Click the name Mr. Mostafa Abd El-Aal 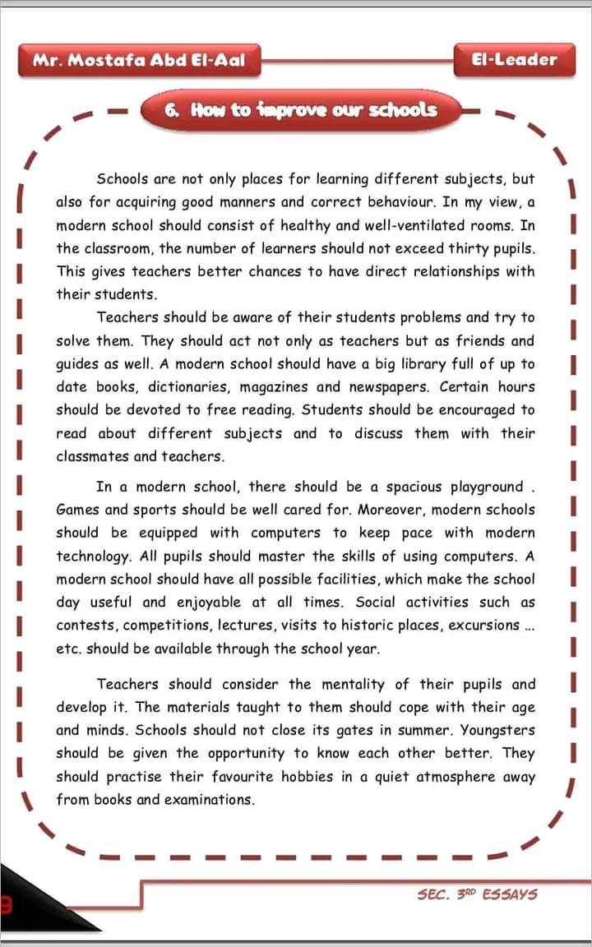click(x=138, y=60)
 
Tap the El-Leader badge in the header click(x=515, y=60)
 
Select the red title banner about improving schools click(x=301, y=109)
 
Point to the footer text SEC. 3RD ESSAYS click(x=478, y=894)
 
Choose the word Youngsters click(x=497, y=730)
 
